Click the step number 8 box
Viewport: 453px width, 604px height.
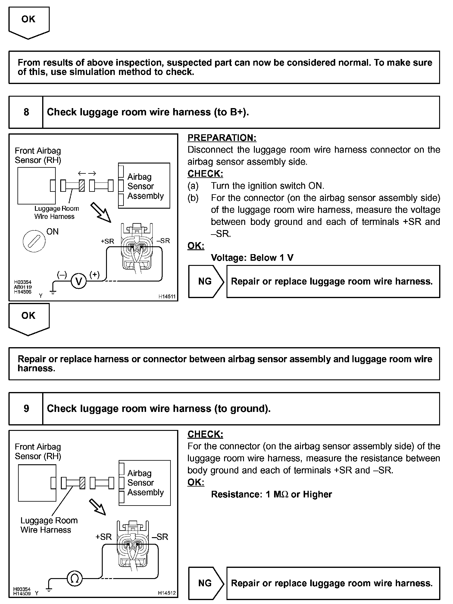coord(26,112)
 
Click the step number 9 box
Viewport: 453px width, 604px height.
coord(26,409)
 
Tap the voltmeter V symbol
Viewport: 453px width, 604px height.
coord(79,282)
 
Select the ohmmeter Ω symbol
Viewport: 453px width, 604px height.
coord(74,578)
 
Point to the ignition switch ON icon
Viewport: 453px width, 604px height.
coord(34,241)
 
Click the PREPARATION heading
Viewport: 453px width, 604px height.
coord(222,138)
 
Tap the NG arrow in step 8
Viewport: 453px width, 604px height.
coord(206,282)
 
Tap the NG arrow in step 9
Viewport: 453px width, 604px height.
coord(206,583)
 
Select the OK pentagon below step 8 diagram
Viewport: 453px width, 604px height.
coord(29,319)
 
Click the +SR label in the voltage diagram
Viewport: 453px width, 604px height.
coord(108,241)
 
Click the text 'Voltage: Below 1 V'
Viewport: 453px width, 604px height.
coord(252,258)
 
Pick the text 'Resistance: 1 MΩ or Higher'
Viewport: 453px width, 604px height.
coord(271,494)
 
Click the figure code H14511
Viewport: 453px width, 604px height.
coord(167,297)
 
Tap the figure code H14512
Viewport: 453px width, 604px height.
coord(167,593)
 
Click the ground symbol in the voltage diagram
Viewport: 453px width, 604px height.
coord(53,291)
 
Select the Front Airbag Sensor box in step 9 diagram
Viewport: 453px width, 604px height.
coord(37,483)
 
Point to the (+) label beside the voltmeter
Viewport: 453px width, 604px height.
coord(94,274)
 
